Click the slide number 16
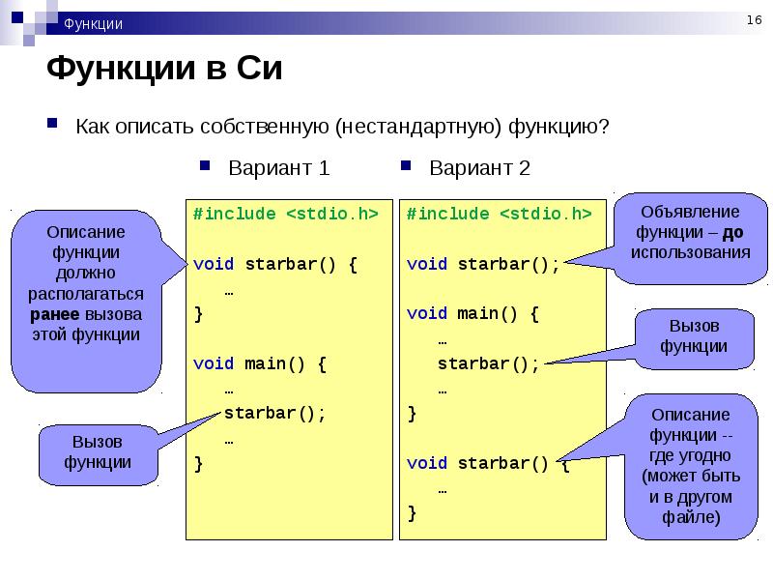(754, 19)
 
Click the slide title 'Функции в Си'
(164, 68)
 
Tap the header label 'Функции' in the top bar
(93, 23)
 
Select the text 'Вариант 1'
(278, 167)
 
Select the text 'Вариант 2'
(479, 167)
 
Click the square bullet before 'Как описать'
(52, 123)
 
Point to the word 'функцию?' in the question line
(558, 127)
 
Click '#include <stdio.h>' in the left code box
(285, 214)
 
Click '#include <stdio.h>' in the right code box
(499, 214)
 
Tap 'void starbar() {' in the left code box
(275, 264)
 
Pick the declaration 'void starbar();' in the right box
(483, 264)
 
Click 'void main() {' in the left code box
(260, 364)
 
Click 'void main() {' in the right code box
(472, 313)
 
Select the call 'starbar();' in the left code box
(275, 413)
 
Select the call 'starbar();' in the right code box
(489, 364)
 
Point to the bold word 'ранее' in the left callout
(55, 314)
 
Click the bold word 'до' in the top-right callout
(732, 232)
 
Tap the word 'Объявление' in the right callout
(690, 212)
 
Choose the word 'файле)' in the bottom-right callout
(691, 517)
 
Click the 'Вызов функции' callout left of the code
(98, 454)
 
